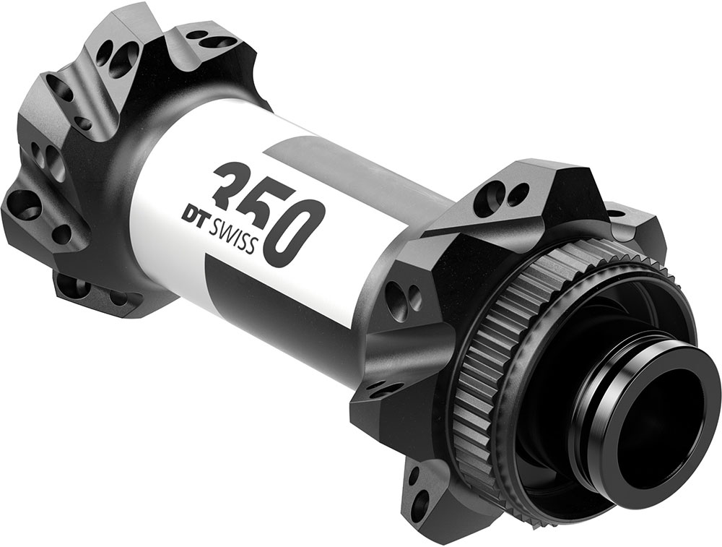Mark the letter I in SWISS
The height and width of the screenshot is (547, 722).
(237, 238)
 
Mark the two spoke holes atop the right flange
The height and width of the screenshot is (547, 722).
(505, 194)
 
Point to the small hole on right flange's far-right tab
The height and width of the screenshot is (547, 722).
(616, 214)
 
